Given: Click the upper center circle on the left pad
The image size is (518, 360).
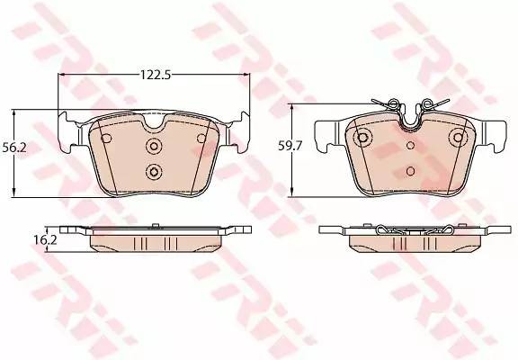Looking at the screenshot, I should tap(154, 146).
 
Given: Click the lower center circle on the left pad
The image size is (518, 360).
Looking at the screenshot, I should tap(154, 172).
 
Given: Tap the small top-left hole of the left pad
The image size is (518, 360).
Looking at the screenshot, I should tap(107, 139).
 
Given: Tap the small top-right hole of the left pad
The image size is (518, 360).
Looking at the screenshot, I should tap(201, 139).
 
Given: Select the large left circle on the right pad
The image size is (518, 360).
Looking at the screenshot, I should tap(363, 139).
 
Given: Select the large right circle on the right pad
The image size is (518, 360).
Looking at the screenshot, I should tap(459, 139).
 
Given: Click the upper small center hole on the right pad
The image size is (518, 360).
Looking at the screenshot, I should tap(411, 144).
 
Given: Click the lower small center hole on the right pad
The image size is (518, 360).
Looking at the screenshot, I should tap(411, 170).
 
